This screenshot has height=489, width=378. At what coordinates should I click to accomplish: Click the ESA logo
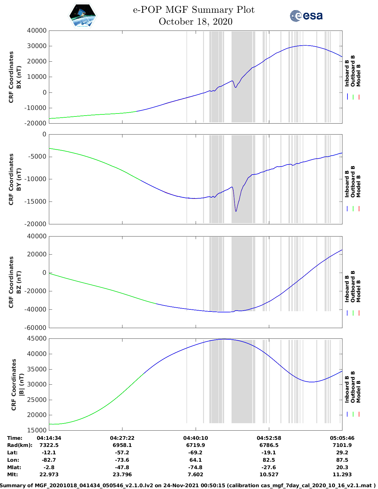click(306, 16)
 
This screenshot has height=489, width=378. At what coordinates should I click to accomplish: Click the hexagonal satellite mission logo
click(82, 16)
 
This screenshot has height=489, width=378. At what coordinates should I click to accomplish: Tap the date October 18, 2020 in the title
click(195, 22)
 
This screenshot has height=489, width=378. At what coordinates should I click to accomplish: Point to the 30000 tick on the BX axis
click(36, 46)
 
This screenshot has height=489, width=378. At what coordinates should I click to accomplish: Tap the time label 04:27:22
click(122, 438)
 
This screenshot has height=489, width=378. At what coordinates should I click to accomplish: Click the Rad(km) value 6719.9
click(195, 445)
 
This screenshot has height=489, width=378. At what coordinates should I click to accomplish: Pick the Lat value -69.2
click(195, 453)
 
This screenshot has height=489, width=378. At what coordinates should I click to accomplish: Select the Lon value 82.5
click(269, 460)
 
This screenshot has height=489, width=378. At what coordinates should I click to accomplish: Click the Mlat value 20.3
click(342, 467)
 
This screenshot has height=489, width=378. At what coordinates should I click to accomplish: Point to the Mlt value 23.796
click(122, 474)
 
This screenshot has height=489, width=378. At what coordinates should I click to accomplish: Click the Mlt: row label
click(12, 474)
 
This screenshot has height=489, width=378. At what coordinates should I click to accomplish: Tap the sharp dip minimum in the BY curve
click(236, 211)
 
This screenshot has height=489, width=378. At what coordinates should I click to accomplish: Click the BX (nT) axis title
click(19, 77)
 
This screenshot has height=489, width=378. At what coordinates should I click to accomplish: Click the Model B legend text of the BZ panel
click(358, 291)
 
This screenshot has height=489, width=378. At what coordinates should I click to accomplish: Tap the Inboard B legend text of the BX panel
click(347, 73)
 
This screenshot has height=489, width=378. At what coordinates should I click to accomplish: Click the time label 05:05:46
click(342, 438)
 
